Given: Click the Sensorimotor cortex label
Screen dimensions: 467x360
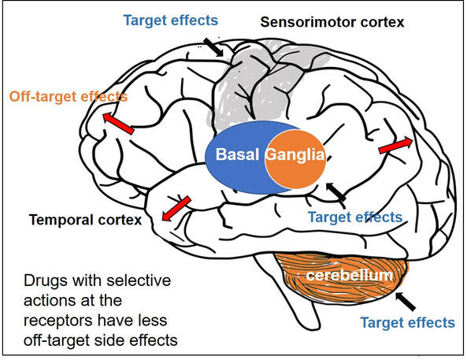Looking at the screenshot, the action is tap(332, 22).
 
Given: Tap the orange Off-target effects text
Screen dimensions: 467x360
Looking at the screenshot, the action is tap(69, 97).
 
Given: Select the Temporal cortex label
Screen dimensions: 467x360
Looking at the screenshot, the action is tap(86, 220).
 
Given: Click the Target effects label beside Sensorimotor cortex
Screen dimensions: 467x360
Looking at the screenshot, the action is tap(171, 20).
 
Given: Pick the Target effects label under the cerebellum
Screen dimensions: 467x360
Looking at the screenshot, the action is tap(408, 322).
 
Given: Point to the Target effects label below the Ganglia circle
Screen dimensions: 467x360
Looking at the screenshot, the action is tap(355, 217).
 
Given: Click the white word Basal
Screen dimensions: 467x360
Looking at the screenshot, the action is tap(237, 154).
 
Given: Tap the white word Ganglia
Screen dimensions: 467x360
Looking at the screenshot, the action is tap(295, 155).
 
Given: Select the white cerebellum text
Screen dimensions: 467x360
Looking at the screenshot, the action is tap(350, 275).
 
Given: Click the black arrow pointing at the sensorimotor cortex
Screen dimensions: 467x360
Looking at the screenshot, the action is tap(213, 47).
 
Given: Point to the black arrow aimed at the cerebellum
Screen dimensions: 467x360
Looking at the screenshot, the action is tap(405, 301).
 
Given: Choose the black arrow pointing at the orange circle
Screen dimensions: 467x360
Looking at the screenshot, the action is tap(335, 191).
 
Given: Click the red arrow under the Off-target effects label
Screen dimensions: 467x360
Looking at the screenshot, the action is tap(118, 124).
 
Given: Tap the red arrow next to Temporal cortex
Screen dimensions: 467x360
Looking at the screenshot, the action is tap(176, 209).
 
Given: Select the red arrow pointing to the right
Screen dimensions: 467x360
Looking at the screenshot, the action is tap(395, 145).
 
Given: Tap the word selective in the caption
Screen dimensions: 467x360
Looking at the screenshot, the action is tap(139, 280).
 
